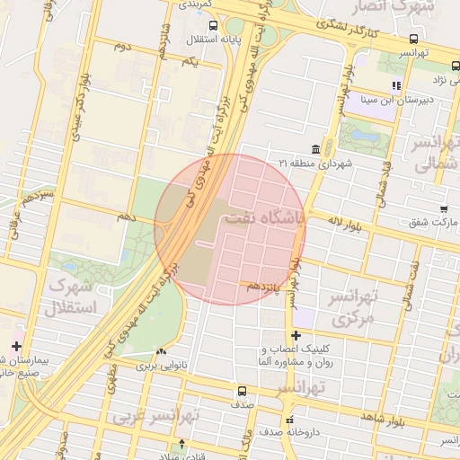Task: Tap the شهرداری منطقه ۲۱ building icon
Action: point(316,148)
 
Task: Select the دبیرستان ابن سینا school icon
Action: point(395,86)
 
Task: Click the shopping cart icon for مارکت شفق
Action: point(444,208)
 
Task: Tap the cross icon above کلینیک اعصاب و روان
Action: point(296,336)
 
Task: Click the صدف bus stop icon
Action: point(241,391)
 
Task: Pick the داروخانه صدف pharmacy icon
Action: point(288,420)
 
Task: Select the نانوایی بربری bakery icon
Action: point(162,352)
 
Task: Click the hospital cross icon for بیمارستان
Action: point(16,346)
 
